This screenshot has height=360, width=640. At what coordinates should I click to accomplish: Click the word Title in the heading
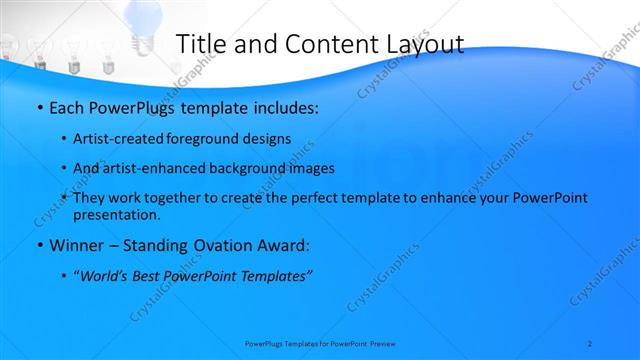[200, 44]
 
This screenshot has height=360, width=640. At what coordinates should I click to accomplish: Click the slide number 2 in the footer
[590, 343]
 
